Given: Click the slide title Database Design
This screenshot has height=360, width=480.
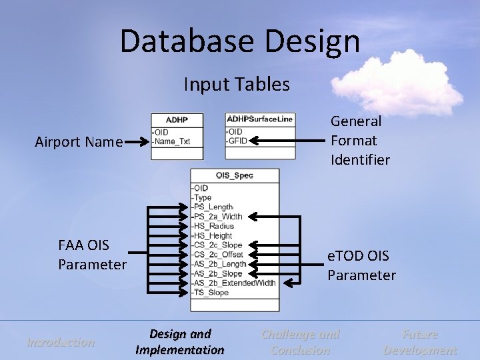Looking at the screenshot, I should [x=240, y=41].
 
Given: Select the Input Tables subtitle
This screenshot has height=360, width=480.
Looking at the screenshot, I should [x=237, y=85].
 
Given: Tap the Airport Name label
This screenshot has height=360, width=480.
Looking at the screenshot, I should [x=79, y=141].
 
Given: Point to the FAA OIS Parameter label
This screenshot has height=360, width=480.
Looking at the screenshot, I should [x=92, y=255].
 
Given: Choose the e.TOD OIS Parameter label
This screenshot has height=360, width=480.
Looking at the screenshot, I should [x=361, y=265].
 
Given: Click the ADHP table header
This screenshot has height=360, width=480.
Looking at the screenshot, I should [x=177, y=120].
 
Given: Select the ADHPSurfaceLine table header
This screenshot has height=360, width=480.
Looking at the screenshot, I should [x=260, y=119].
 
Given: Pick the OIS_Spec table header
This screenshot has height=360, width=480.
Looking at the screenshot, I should [x=234, y=175].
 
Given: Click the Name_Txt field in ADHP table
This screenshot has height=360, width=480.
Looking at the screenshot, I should [x=173, y=141].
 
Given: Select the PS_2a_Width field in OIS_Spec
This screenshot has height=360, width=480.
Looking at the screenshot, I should [x=218, y=217].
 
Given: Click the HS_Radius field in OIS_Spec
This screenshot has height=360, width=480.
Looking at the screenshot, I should [x=214, y=226].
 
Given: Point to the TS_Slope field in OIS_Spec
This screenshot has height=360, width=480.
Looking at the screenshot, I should [x=211, y=292].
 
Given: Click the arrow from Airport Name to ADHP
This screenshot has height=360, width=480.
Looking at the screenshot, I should [x=137, y=142].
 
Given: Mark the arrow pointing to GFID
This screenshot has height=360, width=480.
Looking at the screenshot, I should [x=287, y=141].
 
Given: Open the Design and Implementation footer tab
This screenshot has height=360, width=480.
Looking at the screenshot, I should [x=180, y=342].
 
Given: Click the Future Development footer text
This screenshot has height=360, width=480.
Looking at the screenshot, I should [x=420, y=342].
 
